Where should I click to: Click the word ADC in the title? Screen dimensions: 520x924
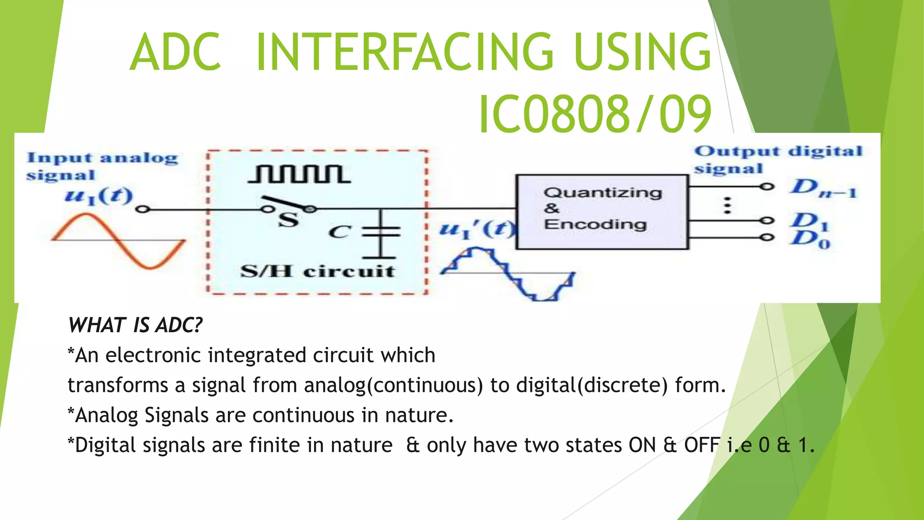coord(176,52)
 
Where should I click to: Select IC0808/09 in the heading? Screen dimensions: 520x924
coord(595,115)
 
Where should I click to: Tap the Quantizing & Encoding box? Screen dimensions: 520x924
coord(602,212)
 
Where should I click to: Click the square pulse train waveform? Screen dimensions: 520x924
coord(299,174)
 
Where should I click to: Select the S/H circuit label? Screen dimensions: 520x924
coord(317,271)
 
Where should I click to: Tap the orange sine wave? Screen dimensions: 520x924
coord(118,241)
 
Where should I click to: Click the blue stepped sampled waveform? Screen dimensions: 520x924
coord(508,274)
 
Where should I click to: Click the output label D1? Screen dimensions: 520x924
coord(809,221)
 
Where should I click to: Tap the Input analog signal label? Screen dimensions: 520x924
coord(102,166)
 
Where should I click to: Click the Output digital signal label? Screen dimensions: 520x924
coord(777,159)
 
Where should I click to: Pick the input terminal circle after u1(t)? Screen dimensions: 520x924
coord(143,209)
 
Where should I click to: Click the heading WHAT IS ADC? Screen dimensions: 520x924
coord(135,325)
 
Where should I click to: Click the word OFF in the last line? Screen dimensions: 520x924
coord(701,446)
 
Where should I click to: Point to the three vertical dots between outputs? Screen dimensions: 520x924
coord(727,205)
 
